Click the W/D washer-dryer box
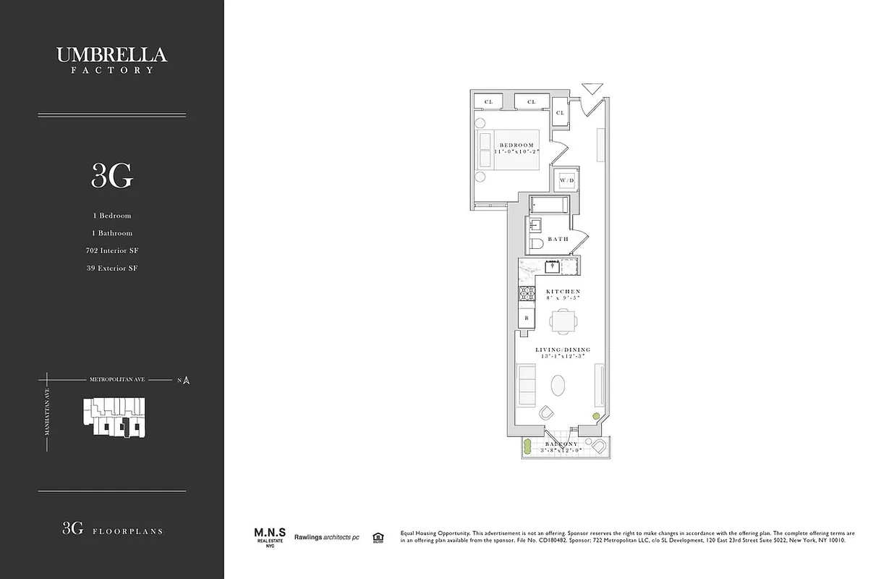(x=565, y=179)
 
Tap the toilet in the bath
(x=536, y=245)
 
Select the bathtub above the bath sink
(x=549, y=205)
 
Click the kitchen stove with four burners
(x=527, y=294)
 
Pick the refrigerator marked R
(x=527, y=318)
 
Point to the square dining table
(x=562, y=320)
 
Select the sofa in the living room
(x=527, y=386)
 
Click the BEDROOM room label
(x=516, y=145)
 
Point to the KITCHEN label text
(x=563, y=291)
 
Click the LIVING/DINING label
(x=563, y=350)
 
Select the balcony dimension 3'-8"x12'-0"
(x=561, y=450)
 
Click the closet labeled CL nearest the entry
(x=561, y=113)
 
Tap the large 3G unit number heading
(x=111, y=175)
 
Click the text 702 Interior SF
(x=111, y=250)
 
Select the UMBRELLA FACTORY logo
(x=111, y=59)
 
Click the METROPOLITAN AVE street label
(x=116, y=379)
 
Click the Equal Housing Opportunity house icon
(x=377, y=537)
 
